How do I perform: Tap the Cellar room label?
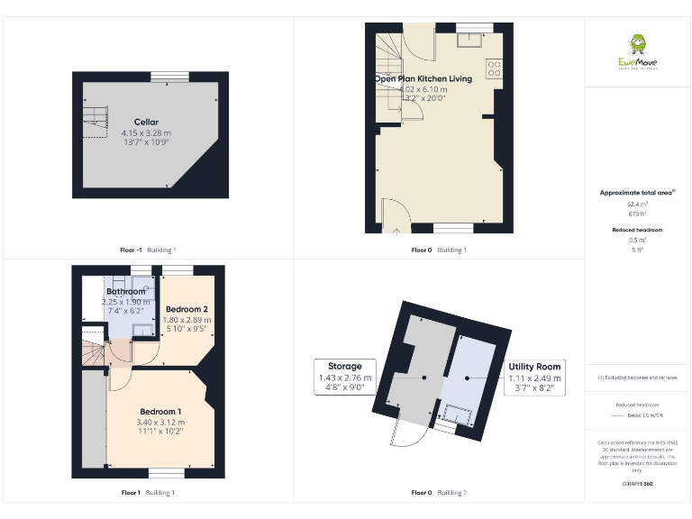pos(146,122)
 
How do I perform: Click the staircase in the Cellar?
pos(94,114)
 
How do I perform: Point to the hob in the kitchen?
pos(494,67)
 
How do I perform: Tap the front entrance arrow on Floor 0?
pos(396,239)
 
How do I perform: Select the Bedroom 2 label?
pos(187,309)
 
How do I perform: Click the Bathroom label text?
pos(125,291)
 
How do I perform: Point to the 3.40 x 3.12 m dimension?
pos(160,422)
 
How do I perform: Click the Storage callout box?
pos(345,378)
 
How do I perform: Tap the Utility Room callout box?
pos(534,378)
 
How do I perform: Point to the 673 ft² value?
pos(637,214)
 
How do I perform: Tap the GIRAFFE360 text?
pos(637,485)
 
